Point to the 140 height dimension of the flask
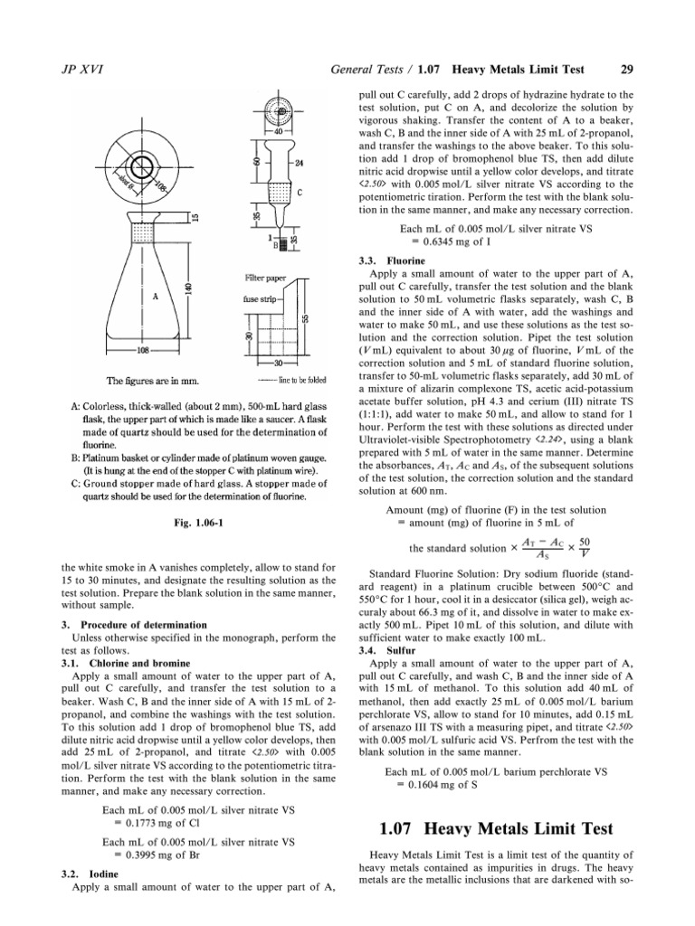pyautogui.click(x=187, y=287)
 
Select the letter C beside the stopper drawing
pyautogui.click(x=300, y=193)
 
